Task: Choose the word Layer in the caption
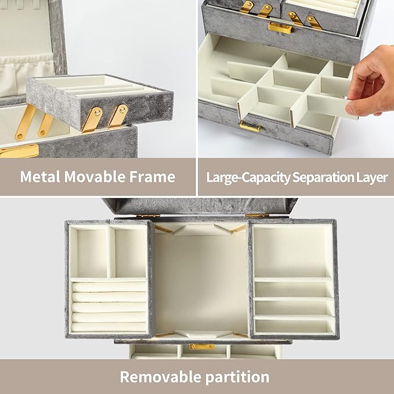371,177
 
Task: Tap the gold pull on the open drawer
250,126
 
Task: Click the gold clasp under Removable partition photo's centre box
203,346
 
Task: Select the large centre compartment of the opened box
201,279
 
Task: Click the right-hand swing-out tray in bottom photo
293,279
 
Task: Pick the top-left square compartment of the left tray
88,251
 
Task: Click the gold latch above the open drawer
279,27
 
